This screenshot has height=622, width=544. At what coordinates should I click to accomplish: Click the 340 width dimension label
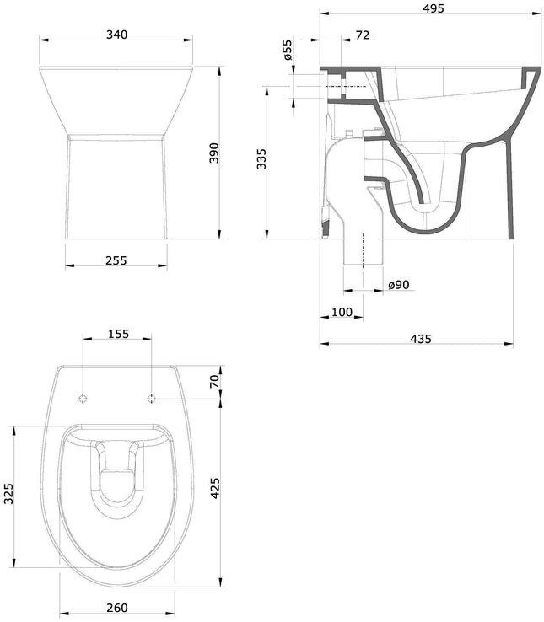point(116,35)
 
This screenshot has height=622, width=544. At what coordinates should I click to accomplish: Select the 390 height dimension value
point(214,153)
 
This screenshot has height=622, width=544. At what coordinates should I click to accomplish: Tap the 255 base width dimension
point(116,260)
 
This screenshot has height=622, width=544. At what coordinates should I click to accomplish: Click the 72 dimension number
point(363,35)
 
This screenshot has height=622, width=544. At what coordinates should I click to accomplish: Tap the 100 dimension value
point(342,313)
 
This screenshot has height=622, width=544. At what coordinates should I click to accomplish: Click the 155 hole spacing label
point(117,334)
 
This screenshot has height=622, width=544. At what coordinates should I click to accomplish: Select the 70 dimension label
point(214,382)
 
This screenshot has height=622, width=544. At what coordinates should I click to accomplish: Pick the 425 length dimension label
point(214,489)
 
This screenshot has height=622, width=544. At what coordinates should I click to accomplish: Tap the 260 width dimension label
point(117,608)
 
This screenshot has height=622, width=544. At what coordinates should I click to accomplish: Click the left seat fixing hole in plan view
point(83,398)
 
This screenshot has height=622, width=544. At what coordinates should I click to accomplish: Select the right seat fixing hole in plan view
point(152,398)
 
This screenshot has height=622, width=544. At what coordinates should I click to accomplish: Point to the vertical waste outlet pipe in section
point(364,244)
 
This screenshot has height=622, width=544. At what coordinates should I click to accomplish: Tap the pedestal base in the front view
point(116,190)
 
